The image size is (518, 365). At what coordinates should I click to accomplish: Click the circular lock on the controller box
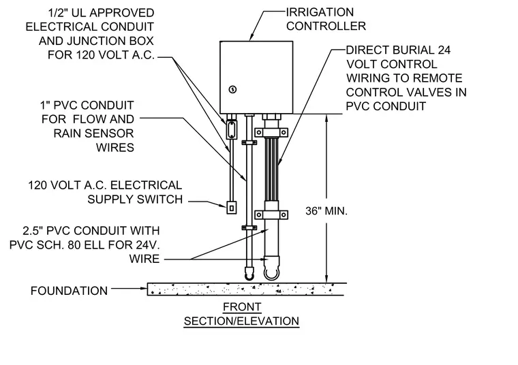click(x=233, y=89)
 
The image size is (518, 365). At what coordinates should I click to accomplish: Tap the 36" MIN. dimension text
click(x=326, y=211)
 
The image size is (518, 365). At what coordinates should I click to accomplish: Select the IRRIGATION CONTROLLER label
click(x=326, y=19)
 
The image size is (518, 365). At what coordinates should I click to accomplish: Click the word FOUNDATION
click(x=69, y=291)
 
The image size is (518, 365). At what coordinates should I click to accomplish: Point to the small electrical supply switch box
click(x=232, y=208)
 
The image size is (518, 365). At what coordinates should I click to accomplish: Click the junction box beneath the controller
click(x=231, y=129)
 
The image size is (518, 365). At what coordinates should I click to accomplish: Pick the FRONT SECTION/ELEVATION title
click(x=241, y=314)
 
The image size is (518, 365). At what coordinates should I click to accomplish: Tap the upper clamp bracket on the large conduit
click(x=271, y=133)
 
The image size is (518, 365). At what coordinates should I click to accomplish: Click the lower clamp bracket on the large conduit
click(x=271, y=215)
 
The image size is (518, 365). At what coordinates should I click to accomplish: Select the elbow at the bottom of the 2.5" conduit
click(x=271, y=269)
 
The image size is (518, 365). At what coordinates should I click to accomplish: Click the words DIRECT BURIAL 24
click(x=398, y=50)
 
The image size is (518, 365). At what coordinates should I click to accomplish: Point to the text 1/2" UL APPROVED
click(x=101, y=13)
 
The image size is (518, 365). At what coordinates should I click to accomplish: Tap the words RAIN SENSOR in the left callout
click(x=93, y=133)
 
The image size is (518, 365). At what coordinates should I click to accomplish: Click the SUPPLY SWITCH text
click(x=135, y=200)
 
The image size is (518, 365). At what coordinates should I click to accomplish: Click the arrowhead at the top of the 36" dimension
click(x=326, y=118)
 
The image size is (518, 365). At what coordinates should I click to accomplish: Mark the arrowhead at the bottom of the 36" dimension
click(x=326, y=279)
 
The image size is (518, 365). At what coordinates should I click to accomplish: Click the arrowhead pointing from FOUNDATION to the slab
click(x=143, y=289)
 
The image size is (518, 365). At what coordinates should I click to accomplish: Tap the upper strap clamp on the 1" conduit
click(x=249, y=142)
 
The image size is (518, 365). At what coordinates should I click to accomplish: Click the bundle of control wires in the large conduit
click(x=271, y=168)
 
